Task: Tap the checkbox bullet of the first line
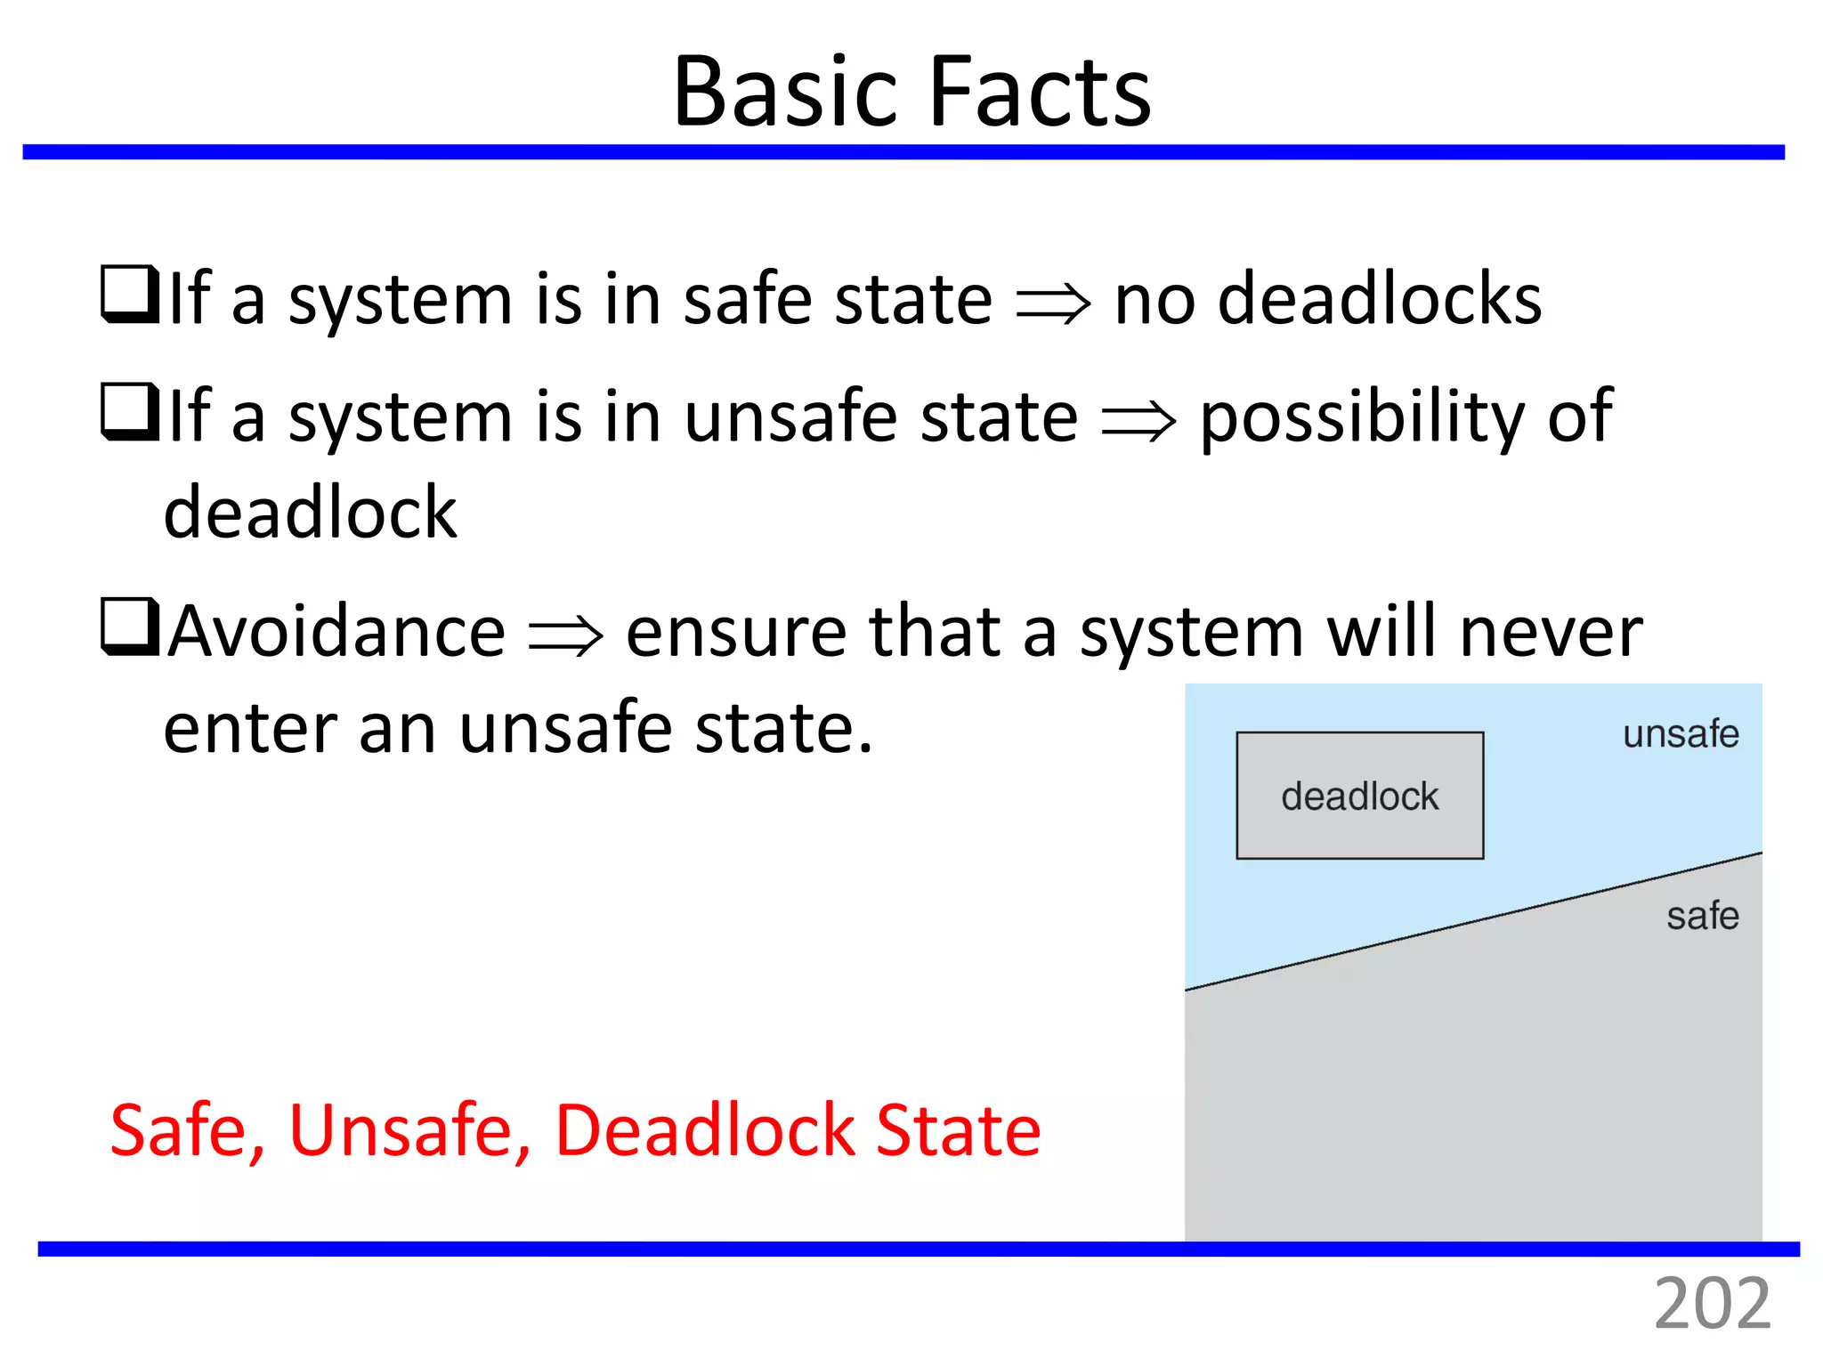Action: coord(130,295)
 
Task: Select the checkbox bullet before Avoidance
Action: coord(130,627)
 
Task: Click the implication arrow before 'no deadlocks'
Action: coord(1052,304)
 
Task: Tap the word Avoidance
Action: coord(337,632)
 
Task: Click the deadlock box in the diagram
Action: coord(1359,796)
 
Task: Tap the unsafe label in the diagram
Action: coord(1680,734)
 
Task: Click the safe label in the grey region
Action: coord(1702,916)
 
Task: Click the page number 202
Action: coord(1711,1305)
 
